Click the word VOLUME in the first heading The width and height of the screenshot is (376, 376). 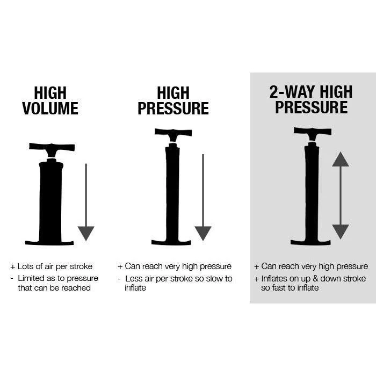tap(50, 108)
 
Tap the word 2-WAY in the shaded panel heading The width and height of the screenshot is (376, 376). tap(291, 92)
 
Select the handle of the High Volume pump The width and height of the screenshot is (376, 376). tap(52, 147)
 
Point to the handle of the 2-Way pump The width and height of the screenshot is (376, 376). tap(312, 132)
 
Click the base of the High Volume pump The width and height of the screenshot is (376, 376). tap(49, 242)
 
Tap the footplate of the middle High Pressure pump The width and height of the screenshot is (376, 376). tap(171, 242)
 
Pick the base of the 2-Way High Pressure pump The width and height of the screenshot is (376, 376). tap(310, 242)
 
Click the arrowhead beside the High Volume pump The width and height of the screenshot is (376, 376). tap(86, 233)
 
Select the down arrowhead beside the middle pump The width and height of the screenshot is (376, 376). tap(203, 233)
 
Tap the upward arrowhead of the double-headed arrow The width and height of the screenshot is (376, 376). tap(341, 160)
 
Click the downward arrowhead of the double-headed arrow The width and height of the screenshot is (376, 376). tap(341, 232)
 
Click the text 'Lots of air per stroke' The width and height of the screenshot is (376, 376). tap(55, 266)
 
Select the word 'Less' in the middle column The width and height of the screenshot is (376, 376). tap(134, 278)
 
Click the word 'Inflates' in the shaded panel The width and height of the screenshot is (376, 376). tap(275, 278)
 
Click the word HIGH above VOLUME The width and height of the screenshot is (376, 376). tap(50, 92)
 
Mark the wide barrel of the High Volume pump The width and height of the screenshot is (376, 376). tap(50, 199)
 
